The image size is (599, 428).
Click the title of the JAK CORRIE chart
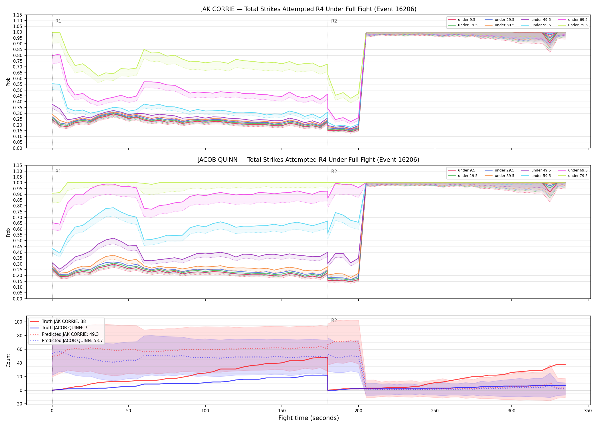coord(308,9)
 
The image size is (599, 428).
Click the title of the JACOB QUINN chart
coord(308,160)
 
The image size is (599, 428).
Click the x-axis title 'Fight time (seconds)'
coord(309,418)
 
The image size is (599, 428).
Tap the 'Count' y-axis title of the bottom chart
coord(8,360)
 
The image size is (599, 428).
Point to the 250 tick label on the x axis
coord(435,411)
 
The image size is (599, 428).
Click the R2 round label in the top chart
coord(334,21)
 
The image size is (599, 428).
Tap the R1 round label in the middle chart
coord(58,171)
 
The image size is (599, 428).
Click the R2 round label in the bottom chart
coord(334,320)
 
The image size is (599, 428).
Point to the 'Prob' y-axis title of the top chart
coord(8,82)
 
